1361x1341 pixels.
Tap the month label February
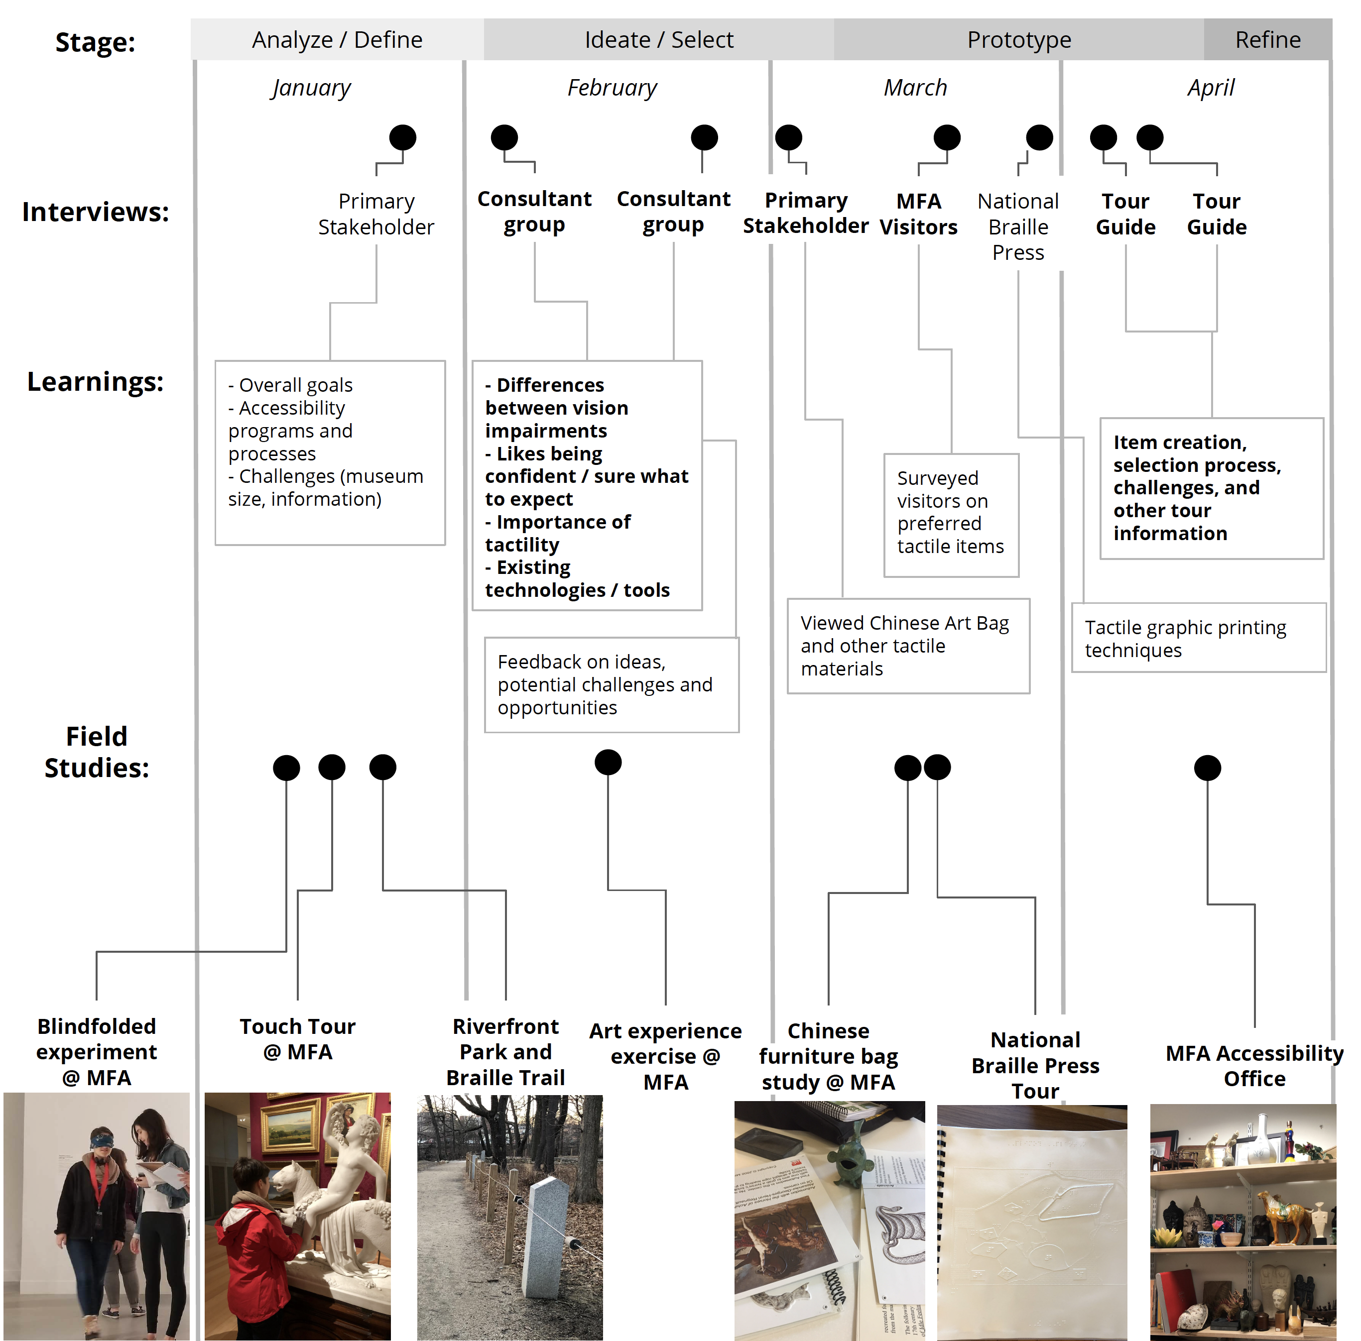(x=612, y=88)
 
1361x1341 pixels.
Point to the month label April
(x=1210, y=88)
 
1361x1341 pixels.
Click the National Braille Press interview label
(x=1018, y=227)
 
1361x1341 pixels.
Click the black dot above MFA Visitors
(x=947, y=137)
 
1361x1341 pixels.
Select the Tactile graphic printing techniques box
(x=1198, y=638)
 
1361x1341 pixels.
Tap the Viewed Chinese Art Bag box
(x=908, y=646)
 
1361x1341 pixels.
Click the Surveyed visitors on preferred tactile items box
(x=951, y=515)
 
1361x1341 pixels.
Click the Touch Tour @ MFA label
(x=297, y=1039)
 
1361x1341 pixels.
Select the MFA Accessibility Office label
(x=1254, y=1066)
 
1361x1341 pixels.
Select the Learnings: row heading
(x=95, y=382)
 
